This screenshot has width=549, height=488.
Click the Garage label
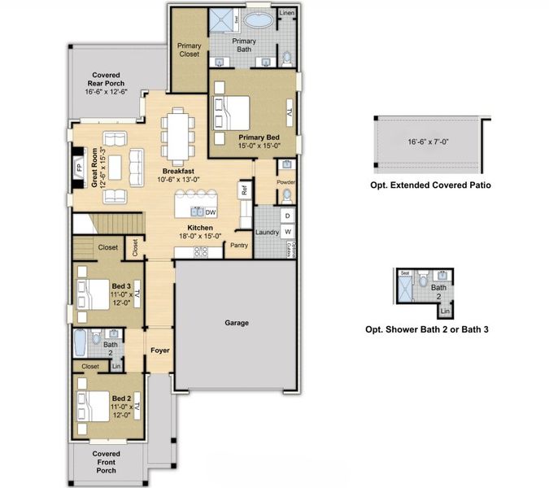click(236, 323)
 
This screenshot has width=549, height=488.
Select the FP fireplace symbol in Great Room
click(79, 168)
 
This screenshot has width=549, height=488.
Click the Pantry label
click(239, 245)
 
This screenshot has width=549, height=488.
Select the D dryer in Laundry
click(286, 215)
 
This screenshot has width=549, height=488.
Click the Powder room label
click(285, 182)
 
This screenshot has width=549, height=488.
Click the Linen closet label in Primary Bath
click(286, 14)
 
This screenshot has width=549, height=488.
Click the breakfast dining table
click(176, 134)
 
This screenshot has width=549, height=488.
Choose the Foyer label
click(159, 351)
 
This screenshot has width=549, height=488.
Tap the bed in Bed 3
click(91, 290)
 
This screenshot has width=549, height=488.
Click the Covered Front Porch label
click(106, 462)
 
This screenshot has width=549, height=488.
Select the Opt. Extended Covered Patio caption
click(430, 185)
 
